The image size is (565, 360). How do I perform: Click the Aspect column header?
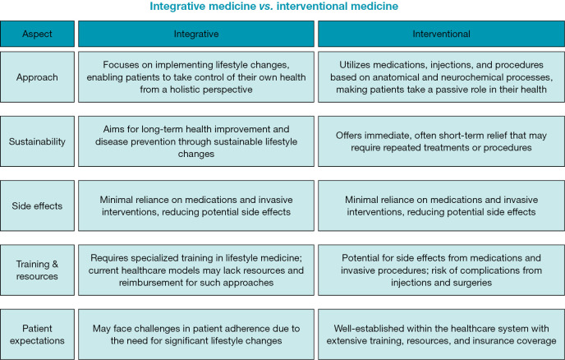tap(36, 34)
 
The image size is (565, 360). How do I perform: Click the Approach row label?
tap(36, 76)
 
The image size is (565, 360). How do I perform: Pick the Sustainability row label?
tap(36, 141)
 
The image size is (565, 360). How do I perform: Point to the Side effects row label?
tap(36, 205)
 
